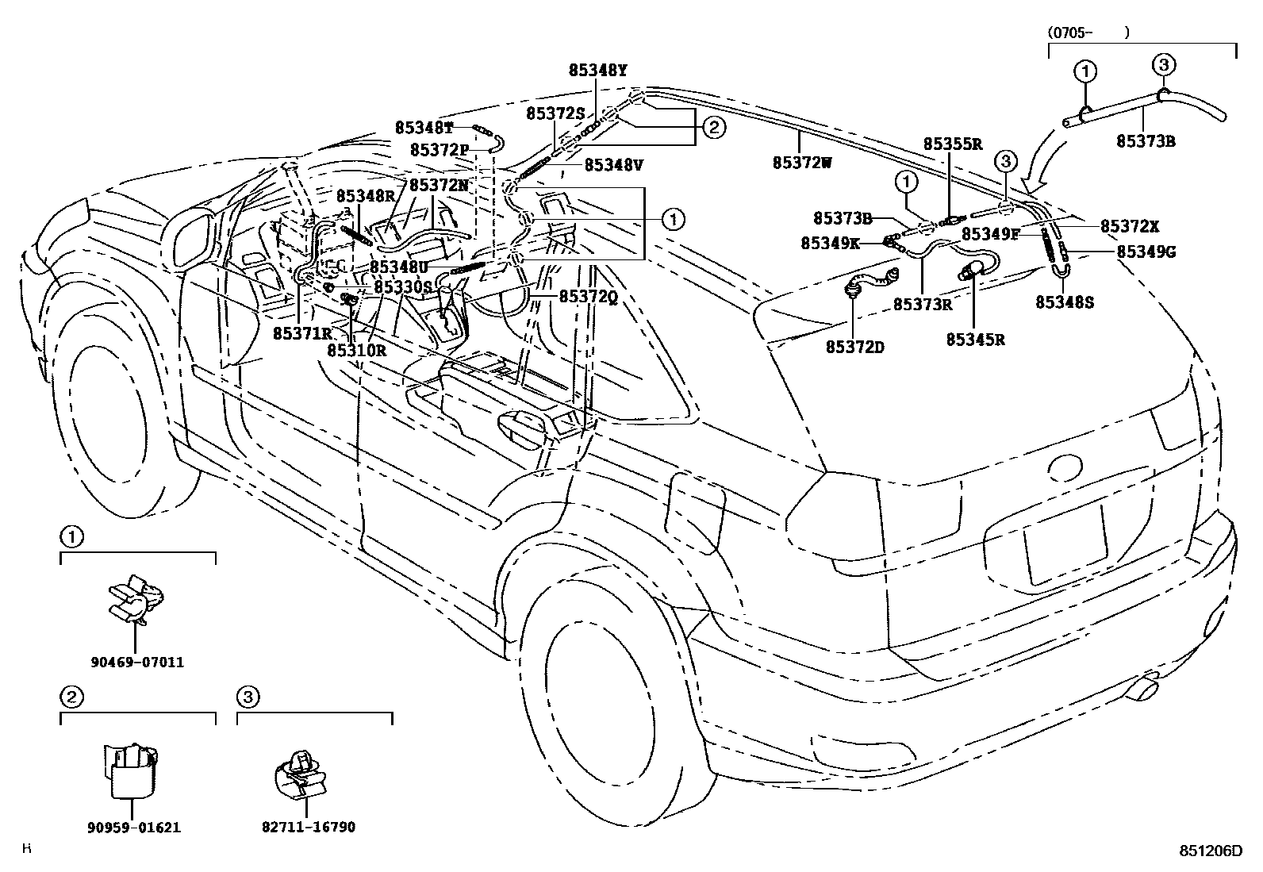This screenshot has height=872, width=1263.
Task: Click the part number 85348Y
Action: [597, 70]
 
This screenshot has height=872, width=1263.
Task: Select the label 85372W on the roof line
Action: [801, 163]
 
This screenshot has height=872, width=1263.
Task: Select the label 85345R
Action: [975, 340]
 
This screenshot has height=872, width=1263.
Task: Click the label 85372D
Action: [854, 347]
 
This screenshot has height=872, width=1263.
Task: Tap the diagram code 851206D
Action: [1209, 851]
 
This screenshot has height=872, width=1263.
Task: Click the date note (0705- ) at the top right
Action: [1087, 33]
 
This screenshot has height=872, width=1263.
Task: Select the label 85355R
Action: [953, 144]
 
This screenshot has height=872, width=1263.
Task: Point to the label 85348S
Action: [1065, 302]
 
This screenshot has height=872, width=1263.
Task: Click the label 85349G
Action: [1146, 252]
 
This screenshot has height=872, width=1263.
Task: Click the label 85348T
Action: [424, 128]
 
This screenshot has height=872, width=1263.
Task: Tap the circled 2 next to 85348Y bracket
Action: [713, 127]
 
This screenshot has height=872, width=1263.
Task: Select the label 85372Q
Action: [588, 297]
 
